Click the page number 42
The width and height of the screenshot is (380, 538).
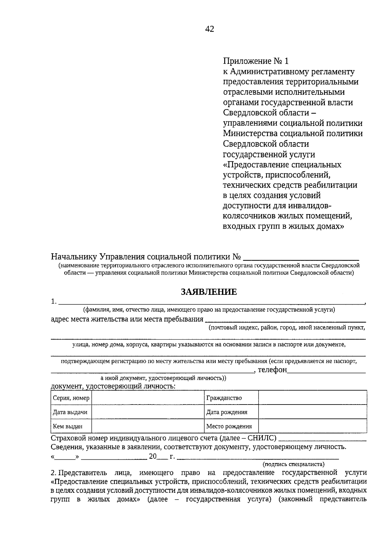[210, 29]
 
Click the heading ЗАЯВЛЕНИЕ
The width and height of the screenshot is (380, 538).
[209, 292]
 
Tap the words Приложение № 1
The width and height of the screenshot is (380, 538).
[256, 61]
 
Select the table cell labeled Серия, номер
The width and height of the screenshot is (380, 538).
[71, 398]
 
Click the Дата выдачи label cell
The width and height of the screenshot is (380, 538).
[71, 412]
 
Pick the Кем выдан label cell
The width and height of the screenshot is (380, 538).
[71, 426]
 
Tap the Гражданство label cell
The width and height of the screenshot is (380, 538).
[231, 398]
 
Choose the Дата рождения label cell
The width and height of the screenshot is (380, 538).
[231, 412]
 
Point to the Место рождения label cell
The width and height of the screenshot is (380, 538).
[231, 426]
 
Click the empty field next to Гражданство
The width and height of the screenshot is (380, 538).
[313, 398]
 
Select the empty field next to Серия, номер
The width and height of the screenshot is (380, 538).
[148, 398]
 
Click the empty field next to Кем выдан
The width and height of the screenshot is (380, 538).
[148, 426]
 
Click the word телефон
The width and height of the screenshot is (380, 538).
[272, 370]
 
